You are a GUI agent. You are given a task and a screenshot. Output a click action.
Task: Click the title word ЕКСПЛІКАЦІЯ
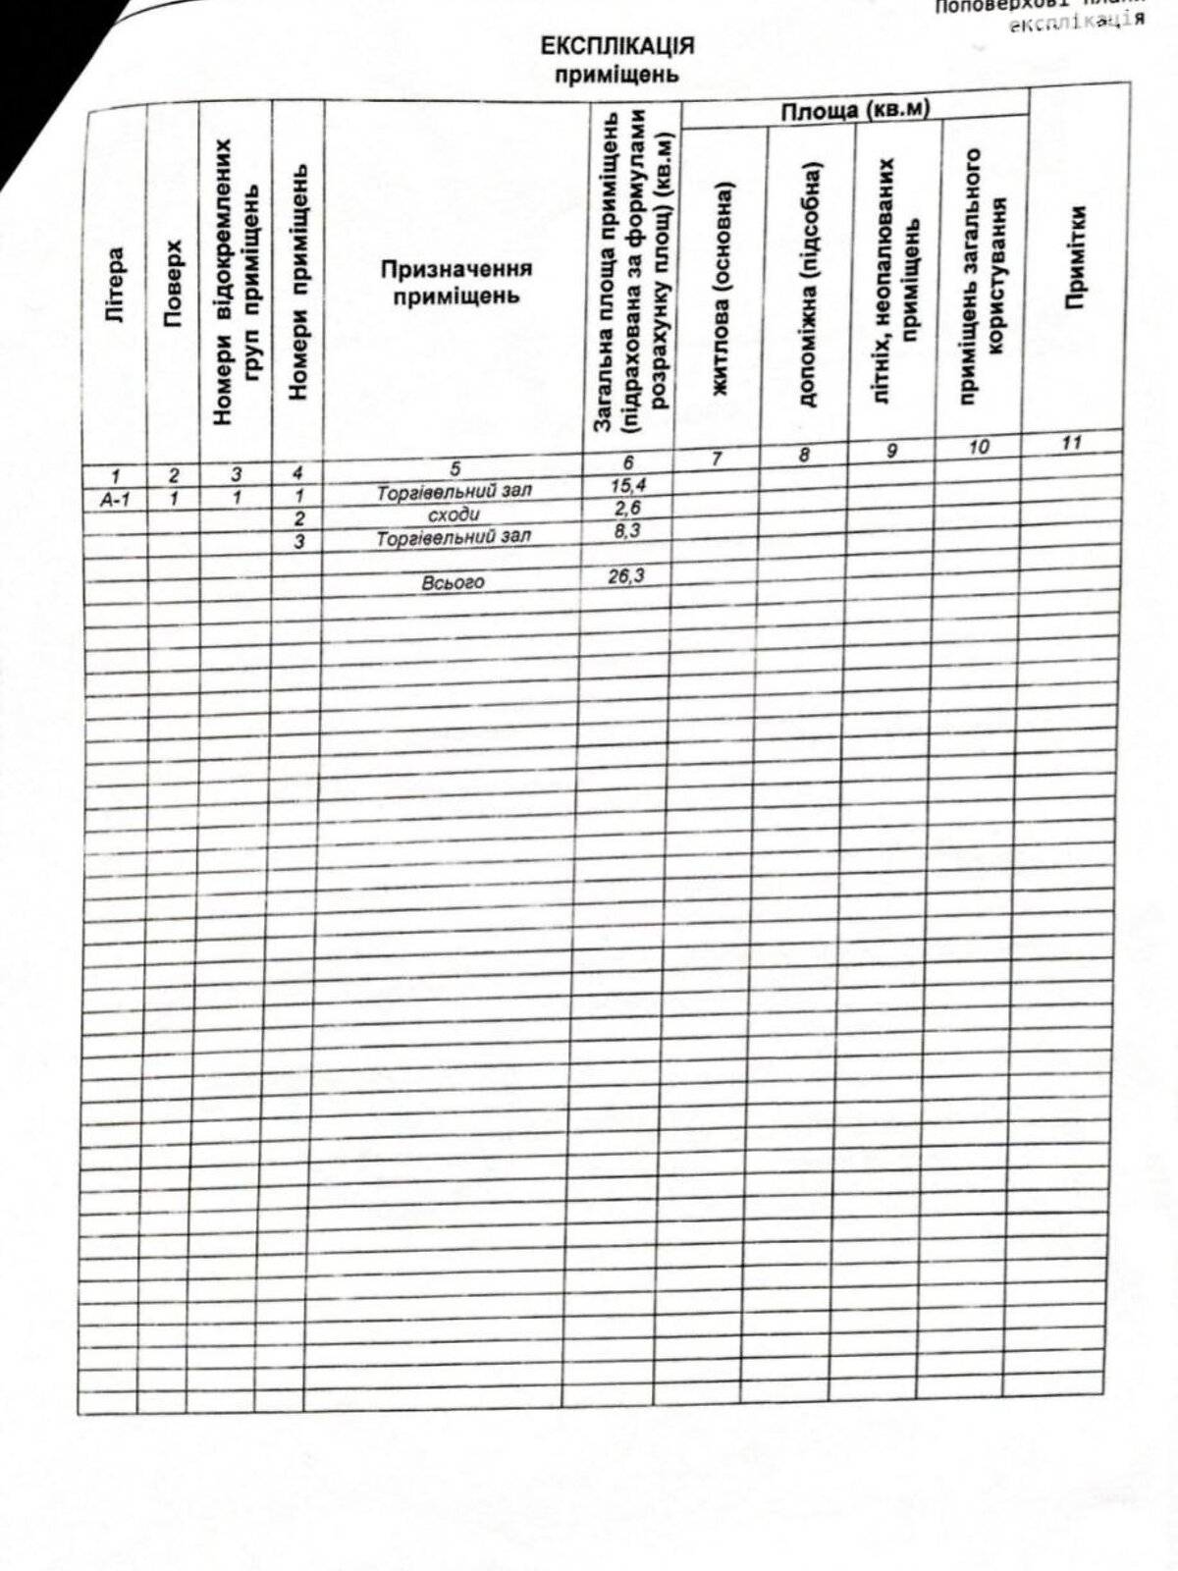(617, 46)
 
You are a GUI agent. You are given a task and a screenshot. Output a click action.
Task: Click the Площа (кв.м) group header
(854, 111)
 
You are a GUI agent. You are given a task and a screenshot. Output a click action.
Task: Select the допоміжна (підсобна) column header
(808, 283)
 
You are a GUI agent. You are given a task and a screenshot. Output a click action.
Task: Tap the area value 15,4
(627, 485)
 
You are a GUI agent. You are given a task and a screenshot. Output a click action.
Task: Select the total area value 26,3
(625, 576)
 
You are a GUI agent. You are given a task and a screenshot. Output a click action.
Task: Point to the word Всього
(453, 582)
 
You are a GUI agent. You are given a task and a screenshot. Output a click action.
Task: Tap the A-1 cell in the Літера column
(116, 500)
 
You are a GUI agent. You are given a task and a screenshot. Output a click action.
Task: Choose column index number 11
(1071, 443)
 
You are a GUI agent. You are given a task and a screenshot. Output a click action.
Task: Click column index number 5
(455, 470)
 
